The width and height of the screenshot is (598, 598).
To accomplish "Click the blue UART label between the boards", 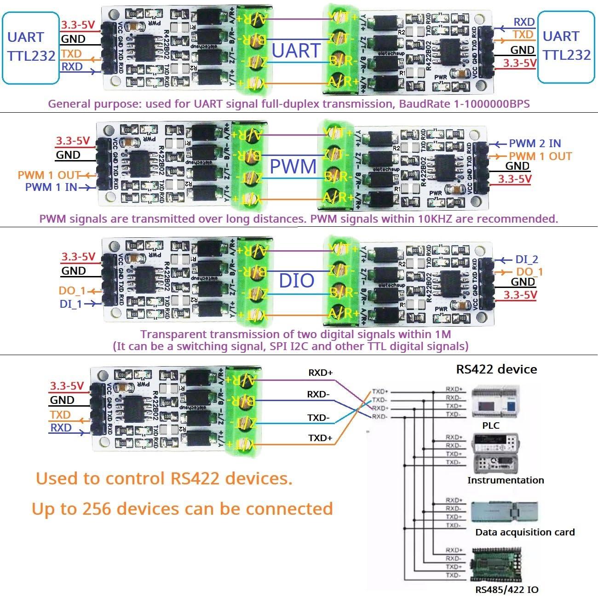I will (x=296, y=51).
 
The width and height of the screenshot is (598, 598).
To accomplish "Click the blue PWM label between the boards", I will (x=293, y=166).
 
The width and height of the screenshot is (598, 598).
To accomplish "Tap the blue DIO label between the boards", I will (x=297, y=280).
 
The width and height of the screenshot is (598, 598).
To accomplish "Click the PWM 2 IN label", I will (x=535, y=144).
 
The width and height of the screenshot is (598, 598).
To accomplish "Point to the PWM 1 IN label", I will (x=51, y=187).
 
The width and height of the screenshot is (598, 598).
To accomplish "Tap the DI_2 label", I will (x=527, y=259).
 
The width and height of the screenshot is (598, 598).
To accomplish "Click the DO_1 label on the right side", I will (x=529, y=272).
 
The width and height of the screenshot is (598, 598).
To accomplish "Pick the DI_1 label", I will (x=71, y=304).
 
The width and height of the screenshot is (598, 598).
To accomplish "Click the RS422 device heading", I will (x=496, y=369).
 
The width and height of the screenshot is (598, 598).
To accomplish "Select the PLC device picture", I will (x=494, y=404).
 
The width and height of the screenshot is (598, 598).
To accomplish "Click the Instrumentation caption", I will (x=505, y=480).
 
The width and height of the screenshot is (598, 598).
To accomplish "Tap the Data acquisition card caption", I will (x=525, y=532).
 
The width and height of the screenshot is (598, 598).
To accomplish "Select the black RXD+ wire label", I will (x=320, y=373).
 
